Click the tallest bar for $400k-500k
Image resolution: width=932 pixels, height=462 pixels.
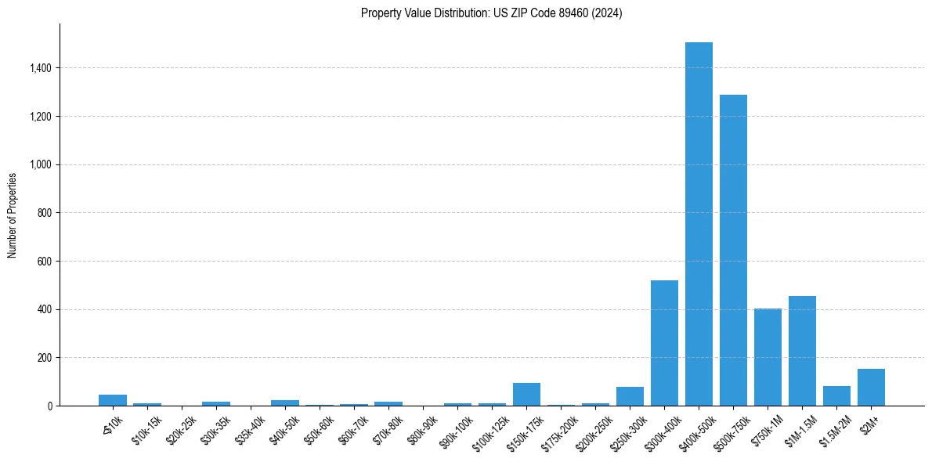click(x=699, y=224)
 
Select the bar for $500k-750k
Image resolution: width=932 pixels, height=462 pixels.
click(x=733, y=251)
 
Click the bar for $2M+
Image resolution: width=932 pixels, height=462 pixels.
click(x=871, y=387)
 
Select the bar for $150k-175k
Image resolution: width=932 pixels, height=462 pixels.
click(x=526, y=394)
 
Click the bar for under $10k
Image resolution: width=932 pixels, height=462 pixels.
click(x=113, y=400)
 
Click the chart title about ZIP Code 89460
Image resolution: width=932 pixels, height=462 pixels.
click(x=491, y=13)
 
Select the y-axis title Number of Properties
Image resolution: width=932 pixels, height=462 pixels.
click(x=13, y=215)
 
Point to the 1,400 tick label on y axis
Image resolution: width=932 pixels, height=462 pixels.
click(x=39, y=68)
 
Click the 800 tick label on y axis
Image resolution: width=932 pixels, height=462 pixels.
click(x=45, y=213)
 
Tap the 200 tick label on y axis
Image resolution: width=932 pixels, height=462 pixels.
click(x=45, y=358)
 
